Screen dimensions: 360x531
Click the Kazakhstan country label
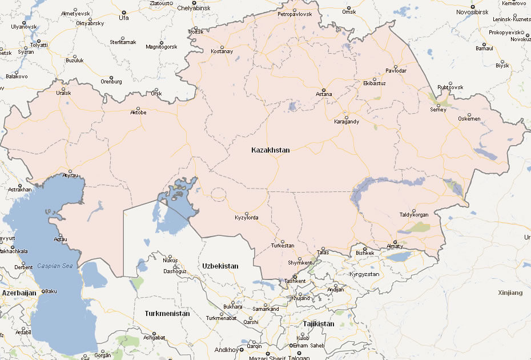coord(270,150)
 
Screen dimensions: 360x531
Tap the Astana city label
coord(324,95)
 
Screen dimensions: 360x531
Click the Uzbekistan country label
coord(220,266)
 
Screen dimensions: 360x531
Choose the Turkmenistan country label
coord(167,314)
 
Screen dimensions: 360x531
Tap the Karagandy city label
coord(347,122)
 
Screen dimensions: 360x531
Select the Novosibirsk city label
coord(473,12)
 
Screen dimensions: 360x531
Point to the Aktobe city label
coord(139,113)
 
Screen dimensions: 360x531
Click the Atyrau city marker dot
coord(70,171)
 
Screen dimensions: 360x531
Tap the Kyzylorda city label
coord(247,218)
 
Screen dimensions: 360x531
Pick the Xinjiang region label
coord(510,293)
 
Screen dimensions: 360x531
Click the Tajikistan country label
coord(318,324)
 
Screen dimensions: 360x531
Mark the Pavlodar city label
coord(396,71)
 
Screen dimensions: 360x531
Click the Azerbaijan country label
coord(19,293)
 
